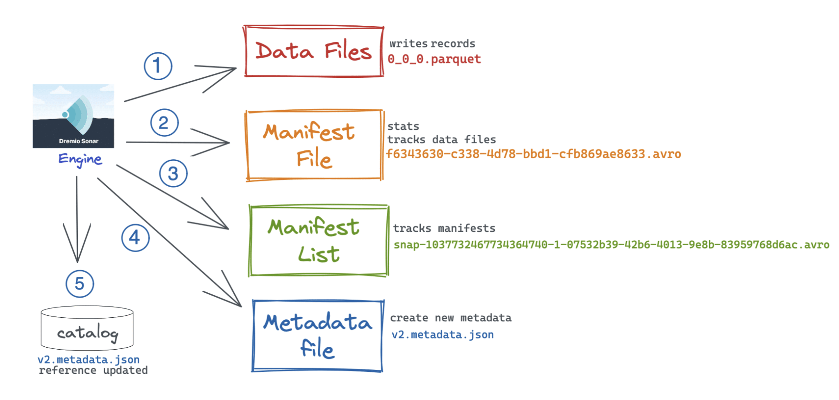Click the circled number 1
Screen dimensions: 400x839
tap(158, 66)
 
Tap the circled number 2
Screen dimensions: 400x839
tap(164, 123)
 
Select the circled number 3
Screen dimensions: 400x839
tap(173, 174)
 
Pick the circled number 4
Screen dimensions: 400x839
tap(135, 238)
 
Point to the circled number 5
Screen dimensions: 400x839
tap(80, 284)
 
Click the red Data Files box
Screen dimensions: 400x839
tap(314, 52)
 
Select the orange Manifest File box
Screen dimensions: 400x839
tap(314, 145)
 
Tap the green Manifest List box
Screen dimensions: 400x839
tap(318, 241)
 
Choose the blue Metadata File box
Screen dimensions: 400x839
tap(317, 336)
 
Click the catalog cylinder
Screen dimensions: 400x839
tap(87, 329)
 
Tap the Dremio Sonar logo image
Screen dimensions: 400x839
tap(73, 116)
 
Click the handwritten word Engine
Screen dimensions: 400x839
tap(80, 159)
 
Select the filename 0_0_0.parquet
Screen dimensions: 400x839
tap(434, 59)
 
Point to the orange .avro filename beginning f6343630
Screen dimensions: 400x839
tap(533, 154)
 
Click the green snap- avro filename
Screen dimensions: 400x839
tap(611, 245)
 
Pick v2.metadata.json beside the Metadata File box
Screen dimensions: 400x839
tap(442, 335)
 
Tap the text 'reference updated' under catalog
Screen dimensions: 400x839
tap(93, 371)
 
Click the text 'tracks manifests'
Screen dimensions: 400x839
tap(444, 228)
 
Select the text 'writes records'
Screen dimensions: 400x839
tap(432, 44)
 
